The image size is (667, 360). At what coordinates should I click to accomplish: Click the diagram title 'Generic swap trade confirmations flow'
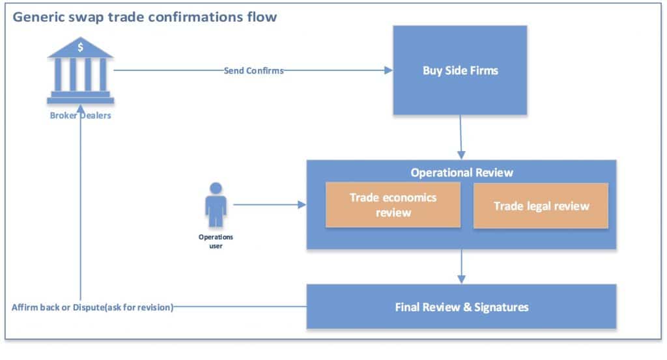pyautogui.click(x=145, y=17)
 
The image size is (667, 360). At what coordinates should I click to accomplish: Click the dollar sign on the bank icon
pyautogui.click(x=80, y=47)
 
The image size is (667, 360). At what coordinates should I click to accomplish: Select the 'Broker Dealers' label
pyautogui.click(x=80, y=116)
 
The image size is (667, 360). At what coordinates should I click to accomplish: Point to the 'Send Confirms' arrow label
pyautogui.click(x=253, y=71)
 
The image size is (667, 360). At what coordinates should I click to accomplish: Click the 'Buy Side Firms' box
pyautogui.click(x=460, y=70)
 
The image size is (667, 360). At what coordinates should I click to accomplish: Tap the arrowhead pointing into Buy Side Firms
pyautogui.click(x=388, y=71)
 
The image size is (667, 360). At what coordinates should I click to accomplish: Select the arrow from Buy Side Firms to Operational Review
pyautogui.click(x=461, y=137)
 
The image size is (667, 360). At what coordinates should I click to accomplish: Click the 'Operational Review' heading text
pyautogui.click(x=461, y=173)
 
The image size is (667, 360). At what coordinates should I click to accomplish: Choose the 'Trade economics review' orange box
pyautogui.click(x=393, y=204)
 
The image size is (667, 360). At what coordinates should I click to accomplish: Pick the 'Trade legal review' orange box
pyautogui.click(x=541, y=206)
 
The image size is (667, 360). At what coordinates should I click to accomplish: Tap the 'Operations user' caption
pyautogui.click(x=216, y=241)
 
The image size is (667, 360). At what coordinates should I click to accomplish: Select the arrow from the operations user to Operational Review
pyautogui.click(x=268, y=205)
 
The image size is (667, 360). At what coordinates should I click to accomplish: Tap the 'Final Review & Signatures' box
pyautogui.click(x=461, y=307)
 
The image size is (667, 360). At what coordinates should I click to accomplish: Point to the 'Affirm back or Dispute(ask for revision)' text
pyautogui.click(x=92, y=307)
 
